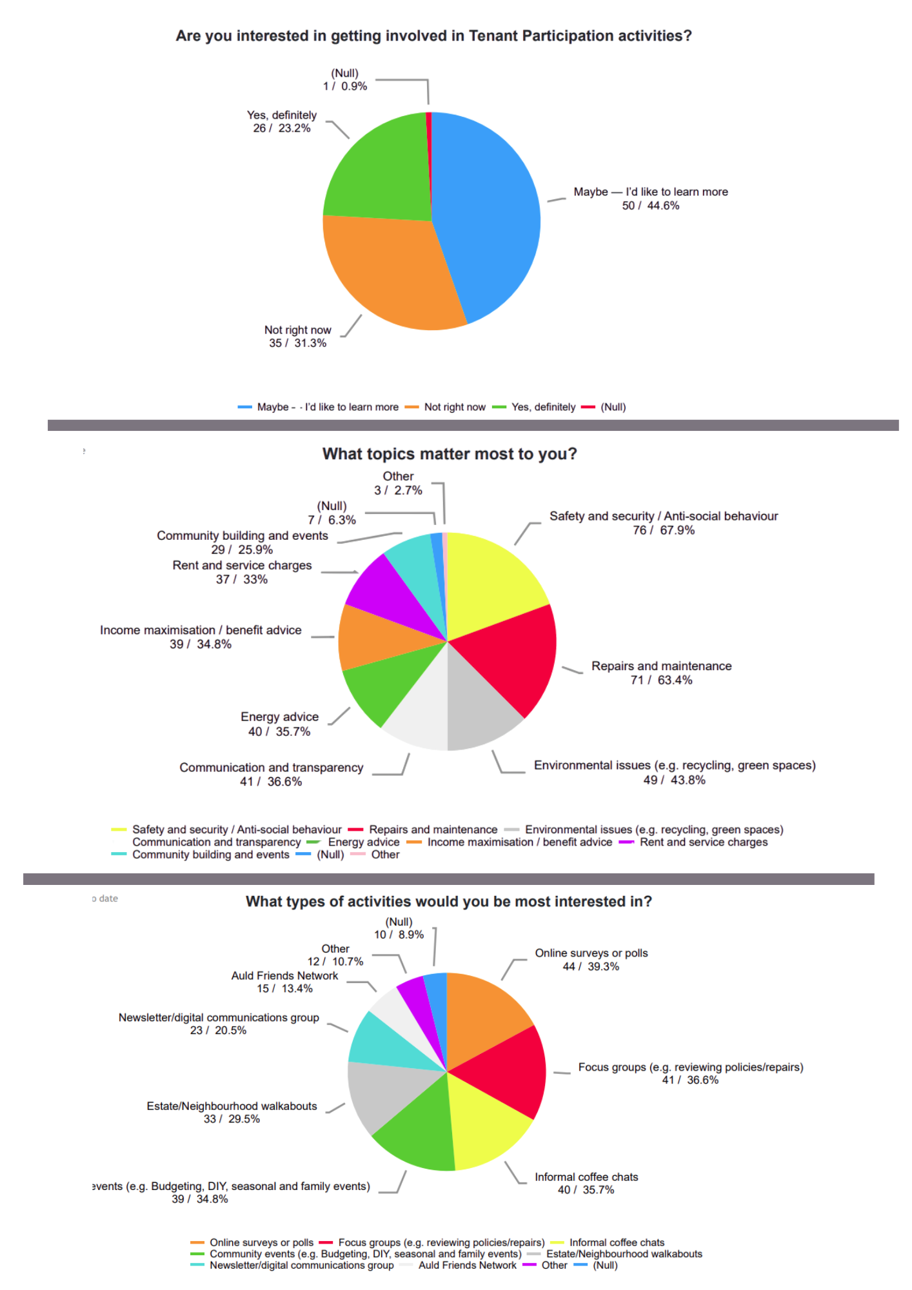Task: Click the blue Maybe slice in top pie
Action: point(490,213)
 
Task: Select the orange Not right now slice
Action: point(387,271)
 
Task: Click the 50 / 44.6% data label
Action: point(650,206)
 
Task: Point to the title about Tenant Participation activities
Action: point(433,36)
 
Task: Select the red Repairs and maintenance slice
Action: point(516,658)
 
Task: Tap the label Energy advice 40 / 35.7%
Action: point(279,724)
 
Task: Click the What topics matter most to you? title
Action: point(450,454)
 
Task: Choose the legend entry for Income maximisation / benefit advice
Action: point(519,842)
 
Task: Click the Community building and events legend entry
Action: point(210,855)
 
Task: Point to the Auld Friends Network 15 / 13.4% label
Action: point(284,982)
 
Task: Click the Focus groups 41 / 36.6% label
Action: point(690,1074)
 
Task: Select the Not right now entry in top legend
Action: point(454,407)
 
